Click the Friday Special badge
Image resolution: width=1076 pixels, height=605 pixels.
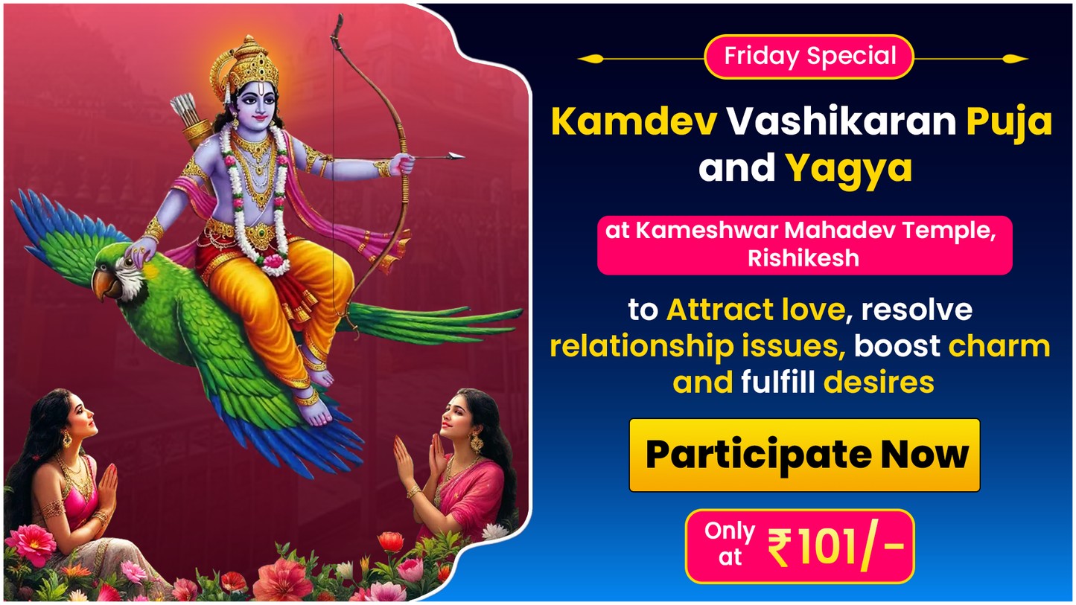809,57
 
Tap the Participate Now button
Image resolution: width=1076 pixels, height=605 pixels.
804,455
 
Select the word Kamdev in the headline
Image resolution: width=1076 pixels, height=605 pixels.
634,122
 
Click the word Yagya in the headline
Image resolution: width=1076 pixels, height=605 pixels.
848,169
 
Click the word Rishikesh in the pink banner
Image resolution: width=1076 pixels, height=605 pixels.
803,258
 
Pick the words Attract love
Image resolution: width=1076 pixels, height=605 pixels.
756,310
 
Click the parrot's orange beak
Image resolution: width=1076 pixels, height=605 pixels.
102,282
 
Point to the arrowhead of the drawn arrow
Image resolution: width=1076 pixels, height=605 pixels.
455,156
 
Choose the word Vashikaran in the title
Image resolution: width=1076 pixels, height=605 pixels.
841,122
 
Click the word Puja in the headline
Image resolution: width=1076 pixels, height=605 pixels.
1009,122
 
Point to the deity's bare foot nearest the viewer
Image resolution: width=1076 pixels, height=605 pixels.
314,413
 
